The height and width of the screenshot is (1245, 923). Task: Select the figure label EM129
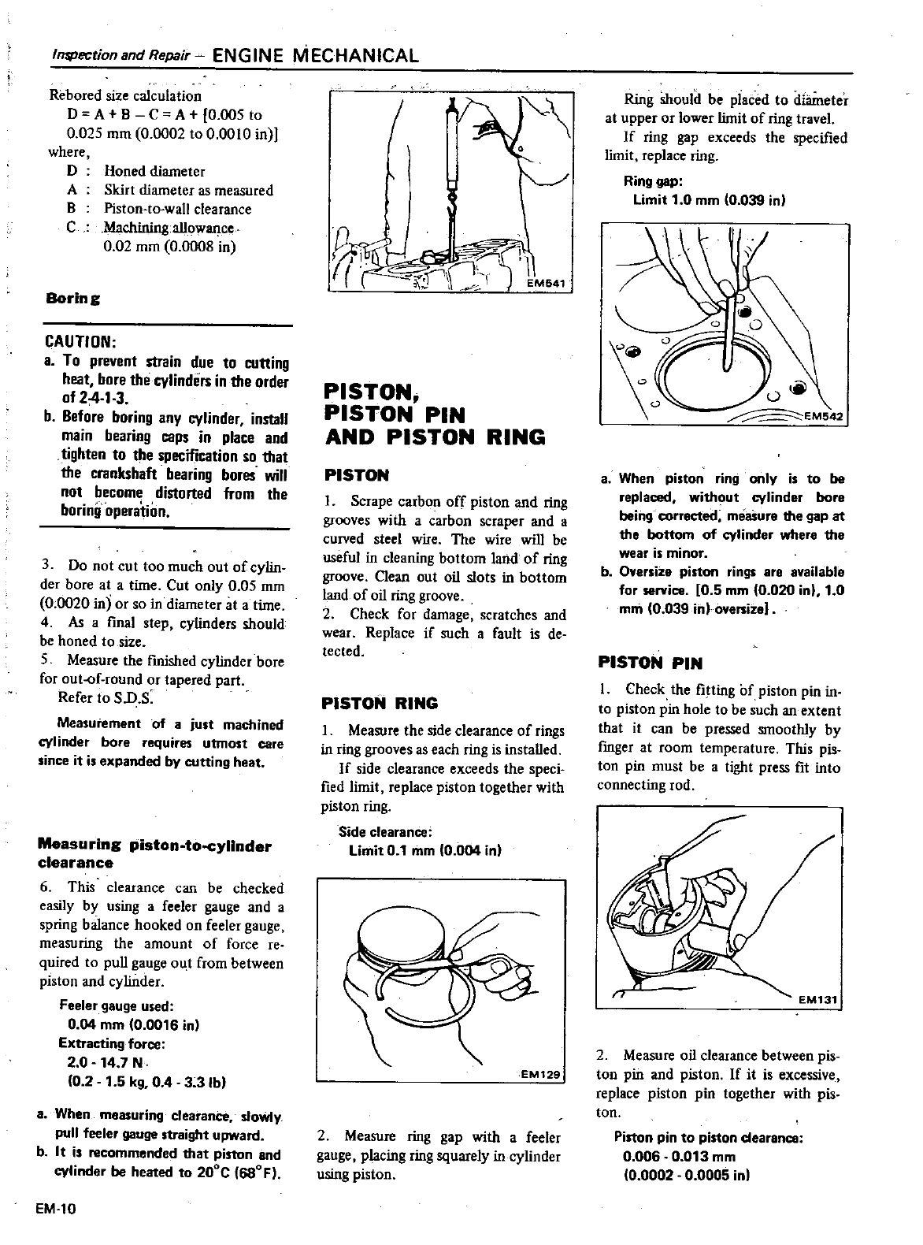(x=540, y=1073)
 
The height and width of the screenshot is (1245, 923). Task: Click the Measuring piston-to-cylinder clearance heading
(x=154, y=854)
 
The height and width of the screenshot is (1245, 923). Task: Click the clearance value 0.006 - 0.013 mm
(x=679, y=1156)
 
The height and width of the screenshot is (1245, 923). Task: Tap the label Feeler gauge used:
(x=116, y=1006)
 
